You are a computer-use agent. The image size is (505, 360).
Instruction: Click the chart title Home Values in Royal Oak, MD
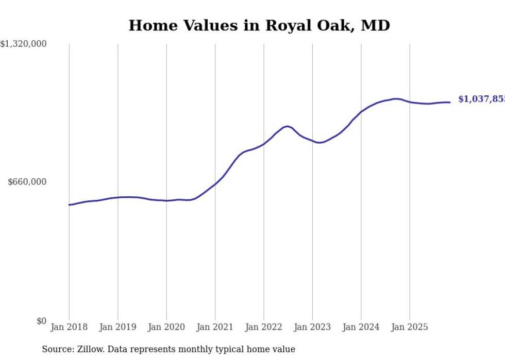(259, 25)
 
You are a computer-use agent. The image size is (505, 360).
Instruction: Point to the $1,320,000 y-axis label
(24, 44)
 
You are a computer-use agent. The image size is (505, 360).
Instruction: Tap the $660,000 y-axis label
(27, 182)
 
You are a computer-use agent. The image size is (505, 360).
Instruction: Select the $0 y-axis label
(41, 321)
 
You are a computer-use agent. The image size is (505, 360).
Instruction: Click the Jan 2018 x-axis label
(69, 327)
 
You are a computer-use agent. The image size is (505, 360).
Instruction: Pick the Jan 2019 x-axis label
(117, 327)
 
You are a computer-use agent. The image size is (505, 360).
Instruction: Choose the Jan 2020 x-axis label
(166, 327)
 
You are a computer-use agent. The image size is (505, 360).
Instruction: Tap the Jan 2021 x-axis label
(215, 327)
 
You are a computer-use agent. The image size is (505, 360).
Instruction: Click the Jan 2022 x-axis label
(264, 327)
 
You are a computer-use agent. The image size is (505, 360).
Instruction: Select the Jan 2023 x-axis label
(312, 327)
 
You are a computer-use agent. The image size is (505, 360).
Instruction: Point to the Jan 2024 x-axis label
(361, 327)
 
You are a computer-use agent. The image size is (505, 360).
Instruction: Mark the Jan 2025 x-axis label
(410, 327)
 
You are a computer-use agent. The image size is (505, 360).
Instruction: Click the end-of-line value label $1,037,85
(481, 99)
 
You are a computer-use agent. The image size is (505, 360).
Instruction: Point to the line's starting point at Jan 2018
(69, 205)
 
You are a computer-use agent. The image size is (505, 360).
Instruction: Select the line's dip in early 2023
(320, 143)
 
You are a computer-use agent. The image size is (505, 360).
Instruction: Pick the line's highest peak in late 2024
(396, 98)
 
